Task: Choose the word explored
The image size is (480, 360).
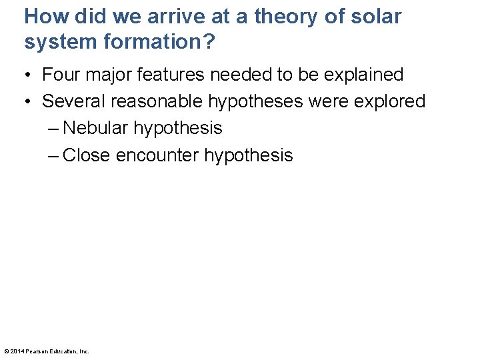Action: tap(387, 101)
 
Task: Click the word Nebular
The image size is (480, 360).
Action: tap(95, 128)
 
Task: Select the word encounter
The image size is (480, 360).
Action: tap(157, 155)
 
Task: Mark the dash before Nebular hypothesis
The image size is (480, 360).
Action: tap(53, 128)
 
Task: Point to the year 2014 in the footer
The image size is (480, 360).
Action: tap(17, 351)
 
